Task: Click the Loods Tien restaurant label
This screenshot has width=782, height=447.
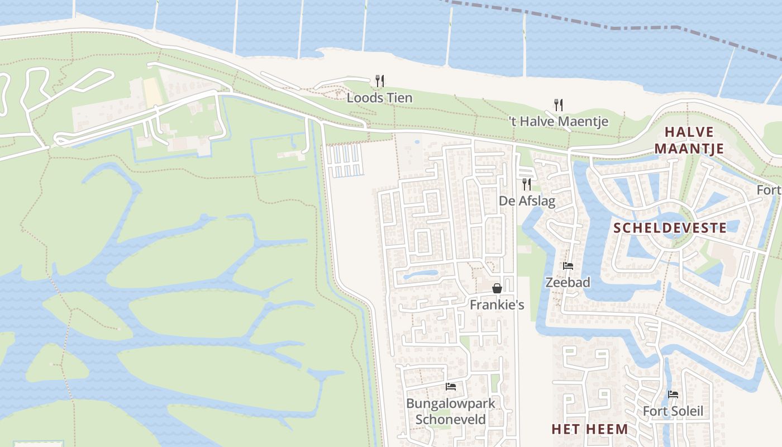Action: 379,98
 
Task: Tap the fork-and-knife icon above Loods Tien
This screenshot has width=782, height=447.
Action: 380,81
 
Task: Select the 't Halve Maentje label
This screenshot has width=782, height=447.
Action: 559,121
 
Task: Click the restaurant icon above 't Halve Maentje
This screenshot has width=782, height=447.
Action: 558,104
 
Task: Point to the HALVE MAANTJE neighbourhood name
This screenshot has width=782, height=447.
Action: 689,140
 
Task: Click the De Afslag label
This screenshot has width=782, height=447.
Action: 527,201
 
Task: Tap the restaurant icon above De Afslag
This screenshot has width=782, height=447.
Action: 527,184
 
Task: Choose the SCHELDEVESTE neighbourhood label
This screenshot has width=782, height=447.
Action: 670,228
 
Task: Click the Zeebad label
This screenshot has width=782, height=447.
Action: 568,282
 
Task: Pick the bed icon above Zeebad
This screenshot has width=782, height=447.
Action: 568,266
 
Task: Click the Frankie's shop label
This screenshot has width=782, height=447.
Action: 497,305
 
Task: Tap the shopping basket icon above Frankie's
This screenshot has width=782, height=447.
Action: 497,288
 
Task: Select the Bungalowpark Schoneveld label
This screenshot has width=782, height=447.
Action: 450,411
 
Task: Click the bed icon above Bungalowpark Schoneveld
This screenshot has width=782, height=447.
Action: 451,386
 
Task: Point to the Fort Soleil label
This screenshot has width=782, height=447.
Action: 673,412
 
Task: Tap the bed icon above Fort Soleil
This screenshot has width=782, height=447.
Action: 673,394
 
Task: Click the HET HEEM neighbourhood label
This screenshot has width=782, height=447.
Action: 589,429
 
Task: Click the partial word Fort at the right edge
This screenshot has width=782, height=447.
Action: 769,190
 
